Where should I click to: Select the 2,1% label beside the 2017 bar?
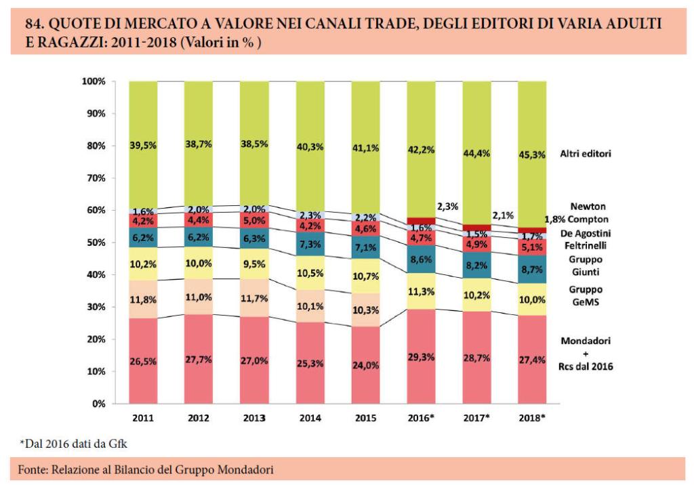tap(504, 215)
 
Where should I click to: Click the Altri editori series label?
tap(586, 154)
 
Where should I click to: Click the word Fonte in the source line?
tap(32, 469)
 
